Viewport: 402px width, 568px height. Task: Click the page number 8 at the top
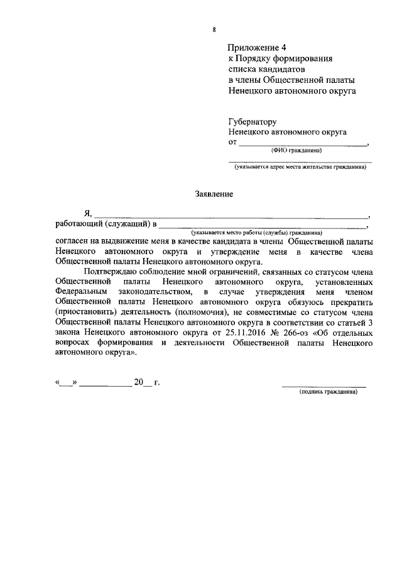tap(214, 29)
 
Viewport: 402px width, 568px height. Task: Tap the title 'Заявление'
tap(214, 195)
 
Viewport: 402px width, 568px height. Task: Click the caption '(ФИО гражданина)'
tap(296, 151)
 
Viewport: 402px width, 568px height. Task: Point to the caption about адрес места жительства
tap(299, 168)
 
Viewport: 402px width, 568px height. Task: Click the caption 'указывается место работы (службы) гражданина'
tap(262, 232)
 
